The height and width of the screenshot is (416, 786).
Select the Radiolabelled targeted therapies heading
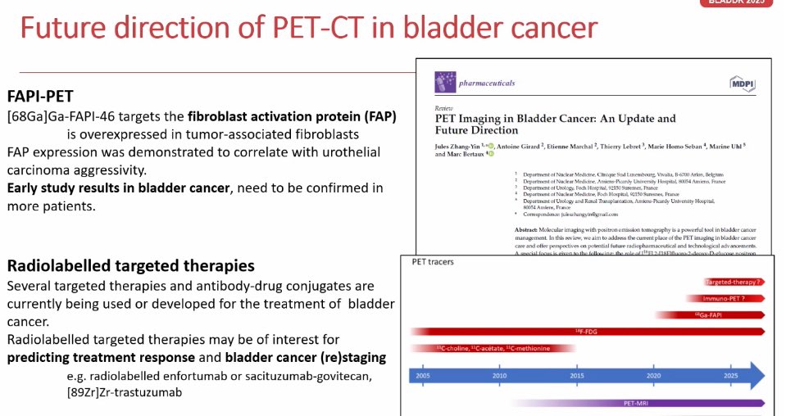pos(130,266)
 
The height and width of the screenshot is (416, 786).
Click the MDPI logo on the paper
pos(742,84)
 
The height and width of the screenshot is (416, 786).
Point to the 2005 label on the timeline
pos(421,376)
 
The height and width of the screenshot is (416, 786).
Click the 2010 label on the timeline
pos(500,376)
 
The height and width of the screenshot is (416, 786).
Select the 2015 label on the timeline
pos(577,376)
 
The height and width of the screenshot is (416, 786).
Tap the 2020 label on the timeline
pos(654,376)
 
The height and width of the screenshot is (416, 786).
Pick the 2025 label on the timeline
pos(731,376)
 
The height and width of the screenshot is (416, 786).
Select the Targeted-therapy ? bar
pos(734,282)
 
